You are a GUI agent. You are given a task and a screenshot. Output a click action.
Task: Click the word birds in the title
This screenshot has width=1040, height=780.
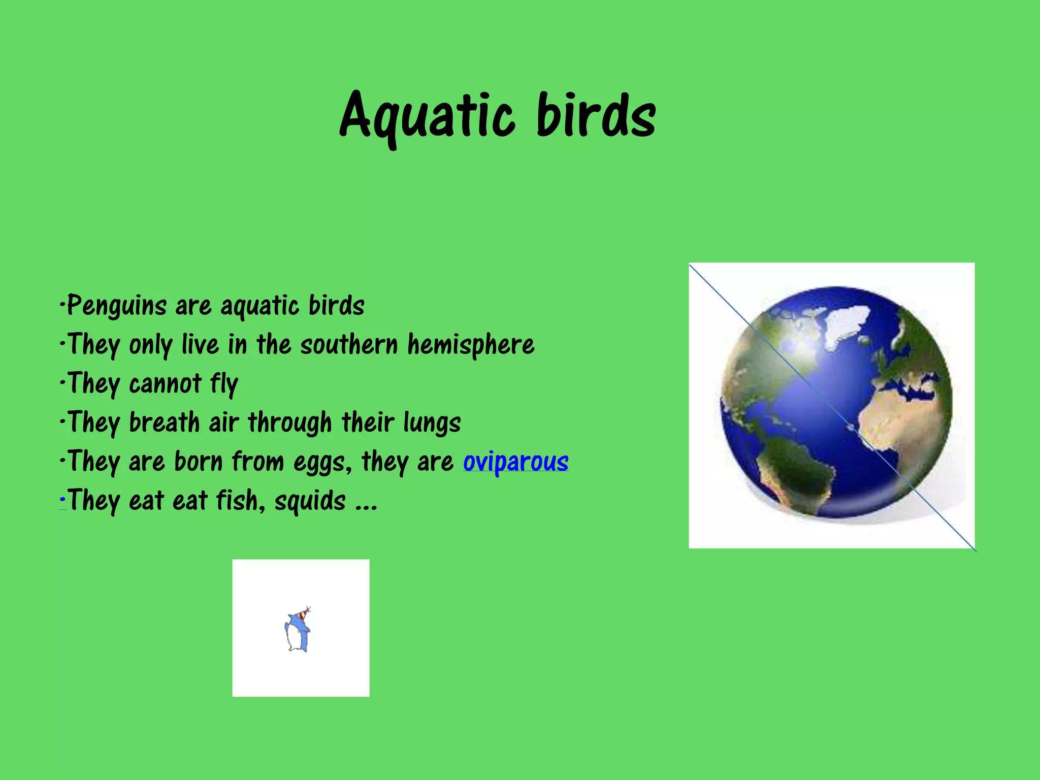(x=596, y=116)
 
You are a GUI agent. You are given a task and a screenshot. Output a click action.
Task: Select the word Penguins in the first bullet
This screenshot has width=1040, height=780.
(x=117, y=306)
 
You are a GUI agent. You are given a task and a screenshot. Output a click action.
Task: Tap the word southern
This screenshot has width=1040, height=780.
(x=349, y=345)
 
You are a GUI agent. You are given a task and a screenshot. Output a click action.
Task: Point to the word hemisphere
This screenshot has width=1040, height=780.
(x=471, y=345)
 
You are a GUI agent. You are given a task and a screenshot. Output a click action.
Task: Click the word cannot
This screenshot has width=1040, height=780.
(x=165, y=384)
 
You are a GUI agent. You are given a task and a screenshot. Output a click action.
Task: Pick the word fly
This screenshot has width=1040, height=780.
(x=224, y=384)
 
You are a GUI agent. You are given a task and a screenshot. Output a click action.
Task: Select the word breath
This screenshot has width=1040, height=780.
(x=164, y=422)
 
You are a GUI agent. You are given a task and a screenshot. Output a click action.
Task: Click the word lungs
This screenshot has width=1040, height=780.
(x=432, y=422)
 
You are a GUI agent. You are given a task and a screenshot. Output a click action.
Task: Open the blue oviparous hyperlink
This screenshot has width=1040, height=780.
(x=515, y=462)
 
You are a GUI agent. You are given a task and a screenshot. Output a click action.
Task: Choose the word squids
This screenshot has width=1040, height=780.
(x=310, y=501)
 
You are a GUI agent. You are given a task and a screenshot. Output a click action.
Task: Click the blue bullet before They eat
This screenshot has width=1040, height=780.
(x=62, y=501)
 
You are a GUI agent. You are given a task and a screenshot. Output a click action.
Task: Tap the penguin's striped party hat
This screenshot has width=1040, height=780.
(x=303, y=614)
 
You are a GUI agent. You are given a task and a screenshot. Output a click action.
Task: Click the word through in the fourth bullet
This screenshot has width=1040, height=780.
(x=289, y=422)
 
